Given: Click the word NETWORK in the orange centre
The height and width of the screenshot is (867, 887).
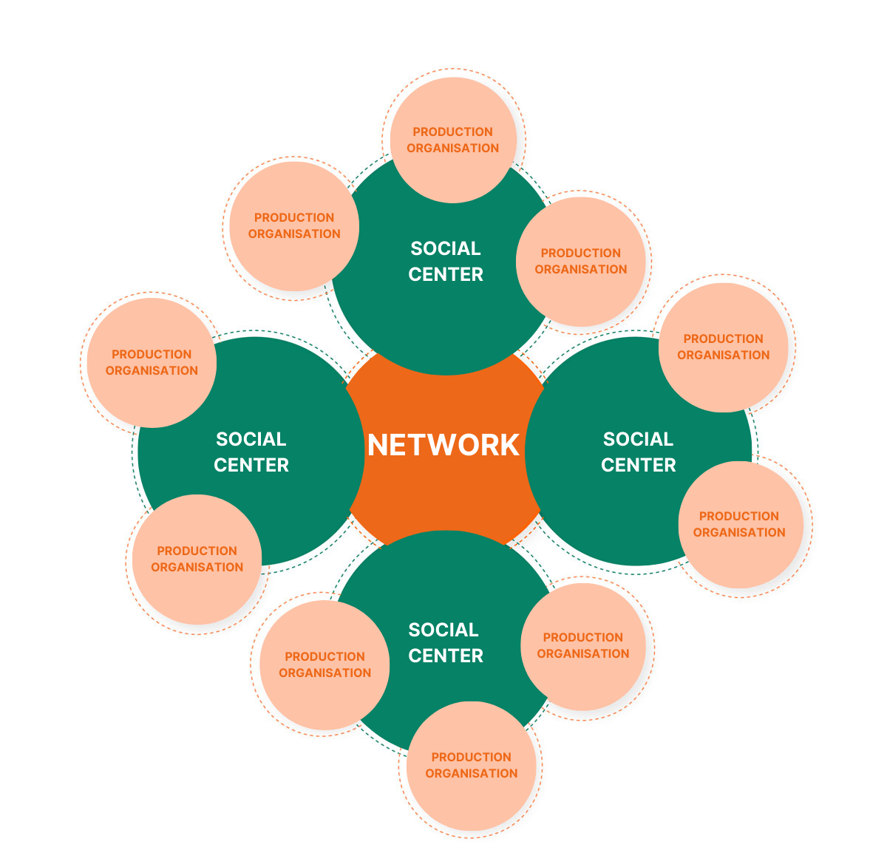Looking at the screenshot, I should tap(443, 445).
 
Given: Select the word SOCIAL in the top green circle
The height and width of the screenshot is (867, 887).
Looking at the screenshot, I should tap(446, 248).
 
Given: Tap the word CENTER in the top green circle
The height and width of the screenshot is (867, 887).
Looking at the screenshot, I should tap(446, 274).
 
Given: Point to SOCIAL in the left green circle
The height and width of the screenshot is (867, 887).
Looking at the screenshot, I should tap(251, 439).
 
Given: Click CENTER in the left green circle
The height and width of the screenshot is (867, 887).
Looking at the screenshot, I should tap(251, 465).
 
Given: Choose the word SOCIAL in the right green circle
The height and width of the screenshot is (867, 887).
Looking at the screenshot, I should tap(639, 439).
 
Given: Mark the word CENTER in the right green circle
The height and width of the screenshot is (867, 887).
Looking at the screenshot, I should tap(639, 465).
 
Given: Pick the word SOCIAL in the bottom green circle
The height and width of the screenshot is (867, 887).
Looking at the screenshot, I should tap(443, 630).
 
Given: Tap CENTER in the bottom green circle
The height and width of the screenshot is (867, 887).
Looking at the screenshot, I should tap(446, 656).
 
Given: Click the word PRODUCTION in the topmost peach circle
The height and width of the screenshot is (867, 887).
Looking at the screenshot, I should tap(452, 132).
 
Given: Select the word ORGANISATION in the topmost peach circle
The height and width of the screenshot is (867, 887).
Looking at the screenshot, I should tap(452, 148).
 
